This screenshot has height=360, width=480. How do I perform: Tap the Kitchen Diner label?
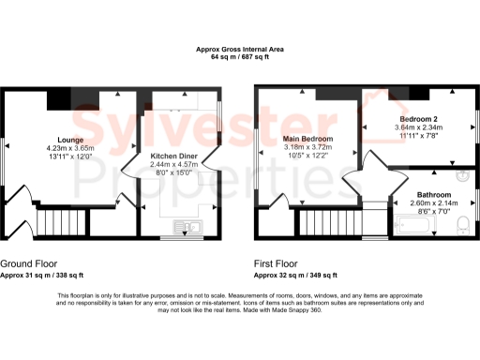pyautogui.click(x=175, y=157)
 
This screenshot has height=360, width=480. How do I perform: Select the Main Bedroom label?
pyautogui.click(x=308, y=139)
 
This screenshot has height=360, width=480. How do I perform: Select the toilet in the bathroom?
pyautogui.click(x=459, y=224)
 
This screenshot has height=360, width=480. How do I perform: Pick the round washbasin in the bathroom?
pyautogui.click(x=462, y=175)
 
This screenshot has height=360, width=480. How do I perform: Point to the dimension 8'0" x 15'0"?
pyautogui.click(x=175, y=172)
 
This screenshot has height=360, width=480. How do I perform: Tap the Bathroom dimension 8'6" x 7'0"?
pyautogui.click(x=424, y=211)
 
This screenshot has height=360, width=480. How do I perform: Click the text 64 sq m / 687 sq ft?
pyautogui.click(x=239, y=57)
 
